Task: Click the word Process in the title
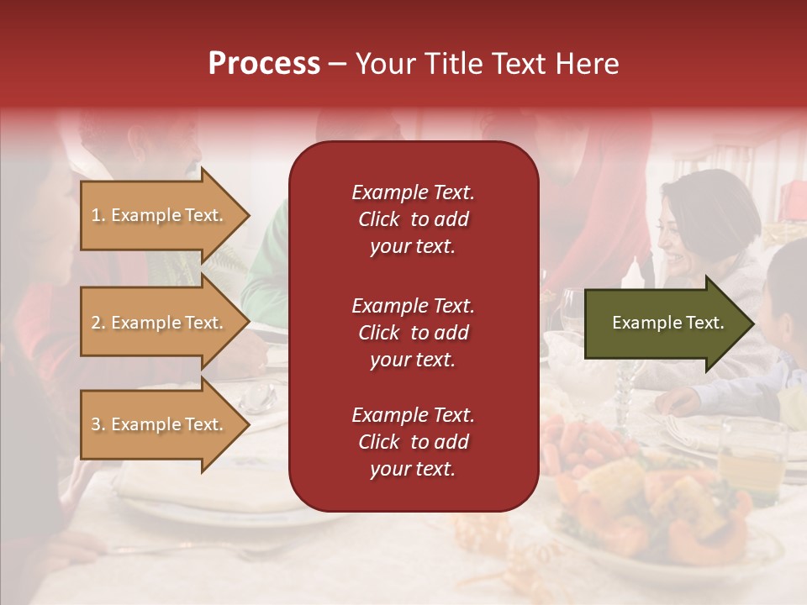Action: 264,64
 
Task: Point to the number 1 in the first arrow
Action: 96,215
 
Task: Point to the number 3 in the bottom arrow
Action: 96,424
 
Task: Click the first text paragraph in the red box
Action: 413,219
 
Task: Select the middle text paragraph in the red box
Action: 413,333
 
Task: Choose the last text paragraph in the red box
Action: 413,442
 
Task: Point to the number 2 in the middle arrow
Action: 96,323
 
